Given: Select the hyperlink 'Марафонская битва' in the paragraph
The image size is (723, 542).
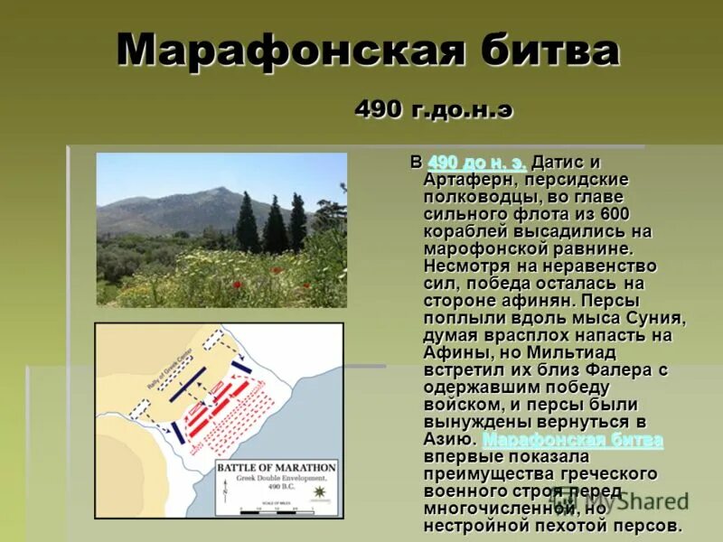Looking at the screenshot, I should (x=573, y=440).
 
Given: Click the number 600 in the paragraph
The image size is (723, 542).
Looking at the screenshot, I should (x=636, y=214).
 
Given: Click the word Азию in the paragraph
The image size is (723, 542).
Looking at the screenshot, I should (x=446, y=440).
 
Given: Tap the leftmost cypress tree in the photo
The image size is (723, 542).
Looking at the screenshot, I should (x=247, y=222).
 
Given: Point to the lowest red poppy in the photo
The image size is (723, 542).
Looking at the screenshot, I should (x=238, y=285).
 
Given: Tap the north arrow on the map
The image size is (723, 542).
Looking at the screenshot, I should (x=226, y=494).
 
